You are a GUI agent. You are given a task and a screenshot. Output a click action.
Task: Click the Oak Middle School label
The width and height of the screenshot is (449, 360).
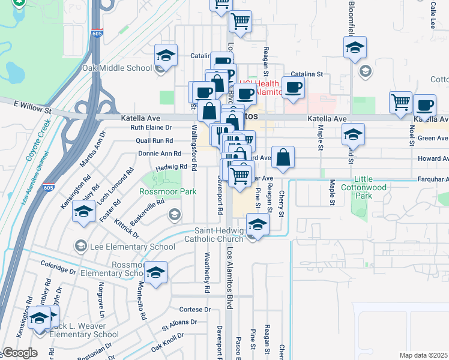point(117,68)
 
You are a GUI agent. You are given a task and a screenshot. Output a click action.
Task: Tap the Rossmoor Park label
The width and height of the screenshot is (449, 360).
point(159,192)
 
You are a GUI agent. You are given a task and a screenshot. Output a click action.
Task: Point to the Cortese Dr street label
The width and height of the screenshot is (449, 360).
point(196,310)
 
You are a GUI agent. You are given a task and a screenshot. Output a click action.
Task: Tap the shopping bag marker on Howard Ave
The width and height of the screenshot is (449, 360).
point(283,158)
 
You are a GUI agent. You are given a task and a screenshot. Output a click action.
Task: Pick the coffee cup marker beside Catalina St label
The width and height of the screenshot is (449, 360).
point(293,88)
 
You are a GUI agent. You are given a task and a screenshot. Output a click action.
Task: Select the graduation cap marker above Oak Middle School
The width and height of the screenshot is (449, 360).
point(166,55)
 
